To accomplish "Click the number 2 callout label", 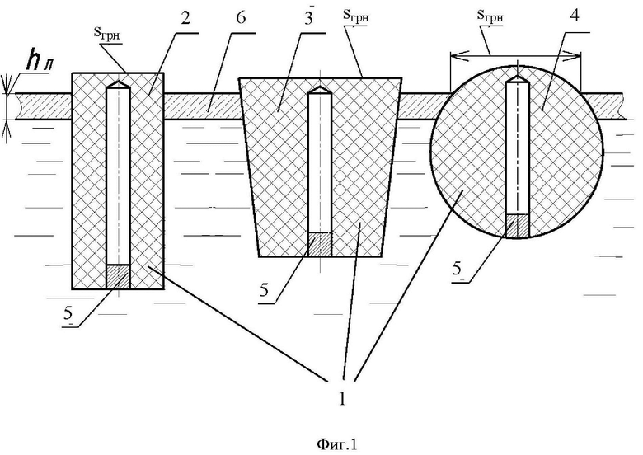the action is pyautogui.click(x=185, y=18).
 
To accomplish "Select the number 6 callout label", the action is pyautogui.click(x=241, y=18).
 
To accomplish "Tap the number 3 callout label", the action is pyautogui.click(x=309, y=19).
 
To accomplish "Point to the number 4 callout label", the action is pyautogui.click(x=575, y=16).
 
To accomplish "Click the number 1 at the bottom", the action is pyautogui.click(x=342, y=398).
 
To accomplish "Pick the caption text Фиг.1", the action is pyautogui.click(x=337, y=444).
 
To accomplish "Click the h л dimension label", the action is pyautogui.click(x=40, y=63).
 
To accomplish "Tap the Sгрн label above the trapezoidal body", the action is pyautogui.click(x=356, y=16).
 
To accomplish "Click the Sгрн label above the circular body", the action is pyautogui.click(x=490, y=16).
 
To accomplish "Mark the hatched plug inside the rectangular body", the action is pyautogui.click(x=118, y=277).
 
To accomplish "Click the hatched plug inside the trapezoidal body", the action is pyautogui.click(x=320, y=245).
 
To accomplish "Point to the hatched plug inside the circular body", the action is pyautogui.click(x=517, y=226).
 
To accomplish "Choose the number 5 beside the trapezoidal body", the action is pyautogui.click(x=264, y=290).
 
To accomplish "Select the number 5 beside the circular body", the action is pyautogui.click(x=458, y=268).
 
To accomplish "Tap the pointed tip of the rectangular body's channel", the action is pyautogui.click(x=119, y=81).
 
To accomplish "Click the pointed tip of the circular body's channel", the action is pyautogui.click(x=518, y=76).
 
